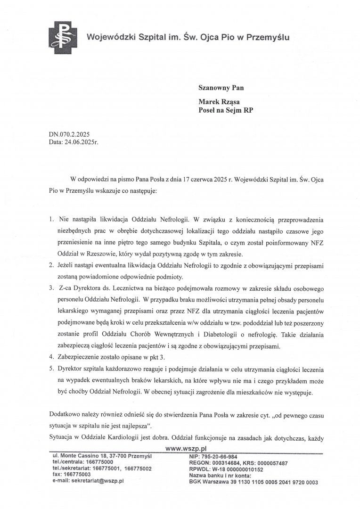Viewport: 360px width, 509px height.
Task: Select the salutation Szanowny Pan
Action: [x=221, y=87]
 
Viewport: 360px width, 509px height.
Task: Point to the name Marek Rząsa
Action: [x=221, y=101]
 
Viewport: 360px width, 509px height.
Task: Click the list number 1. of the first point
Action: [x=51, y=220]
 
